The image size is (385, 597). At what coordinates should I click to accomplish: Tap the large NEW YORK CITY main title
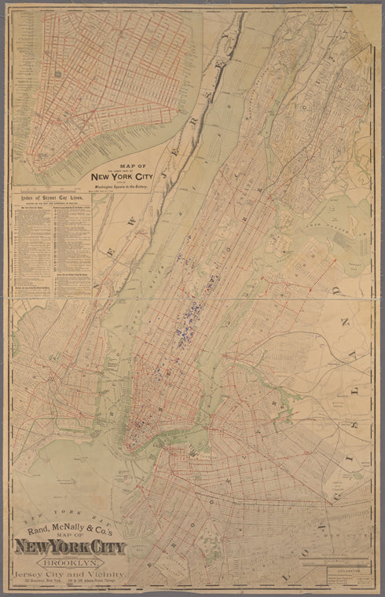click(x=69, y=547)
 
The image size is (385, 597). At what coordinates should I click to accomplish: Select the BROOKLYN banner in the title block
click(x=69, y=562)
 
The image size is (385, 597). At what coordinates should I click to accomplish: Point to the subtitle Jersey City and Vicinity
click(x=69, y=573)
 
